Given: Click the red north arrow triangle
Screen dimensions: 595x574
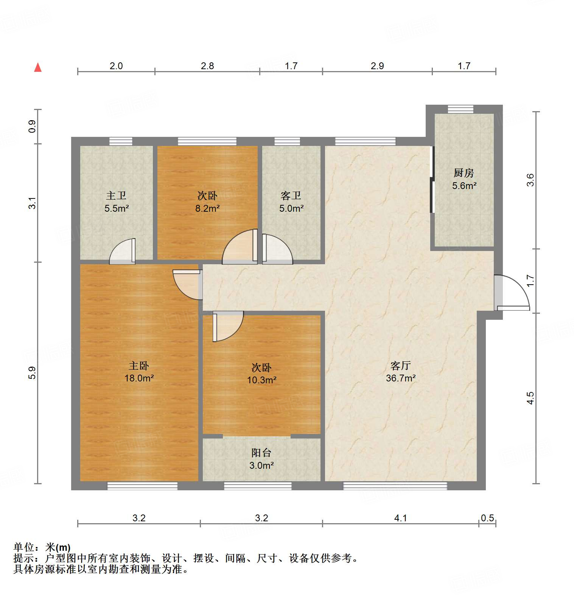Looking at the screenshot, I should click(x=38, y=68).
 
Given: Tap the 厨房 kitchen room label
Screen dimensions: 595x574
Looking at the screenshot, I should click(x=464, y=173).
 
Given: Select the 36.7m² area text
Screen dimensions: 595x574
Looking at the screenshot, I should click(x=401, y=378).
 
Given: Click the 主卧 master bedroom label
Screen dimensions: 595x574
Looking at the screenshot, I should click(x=139, y=366).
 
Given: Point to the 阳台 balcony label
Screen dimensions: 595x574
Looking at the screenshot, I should click(x=261, y=452).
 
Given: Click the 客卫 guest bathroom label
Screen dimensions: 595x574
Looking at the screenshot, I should click(x=291, y=195).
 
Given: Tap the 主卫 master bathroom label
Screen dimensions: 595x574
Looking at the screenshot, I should click(x=116, y=195).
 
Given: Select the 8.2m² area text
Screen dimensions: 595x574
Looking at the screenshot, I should click(x=207, y=208).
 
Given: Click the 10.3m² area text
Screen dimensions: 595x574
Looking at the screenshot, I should click(x=261, y=380).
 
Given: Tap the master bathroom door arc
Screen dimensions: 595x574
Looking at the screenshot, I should click(x=122, y=252).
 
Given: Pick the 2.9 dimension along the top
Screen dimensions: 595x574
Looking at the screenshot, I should click(x=377, y=66).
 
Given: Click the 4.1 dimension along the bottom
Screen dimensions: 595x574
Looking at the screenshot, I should click(x=400, y=518).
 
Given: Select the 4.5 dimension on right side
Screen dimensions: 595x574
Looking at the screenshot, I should click(x=530, y=398).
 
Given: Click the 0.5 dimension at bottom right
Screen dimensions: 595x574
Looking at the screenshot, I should click(x=487, y=518).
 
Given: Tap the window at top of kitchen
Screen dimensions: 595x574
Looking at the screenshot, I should click(x=460, y=109).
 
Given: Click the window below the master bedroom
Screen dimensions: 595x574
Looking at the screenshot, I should click(x=142, y=486).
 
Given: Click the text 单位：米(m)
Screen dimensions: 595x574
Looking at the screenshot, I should click(x=42, y=547).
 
